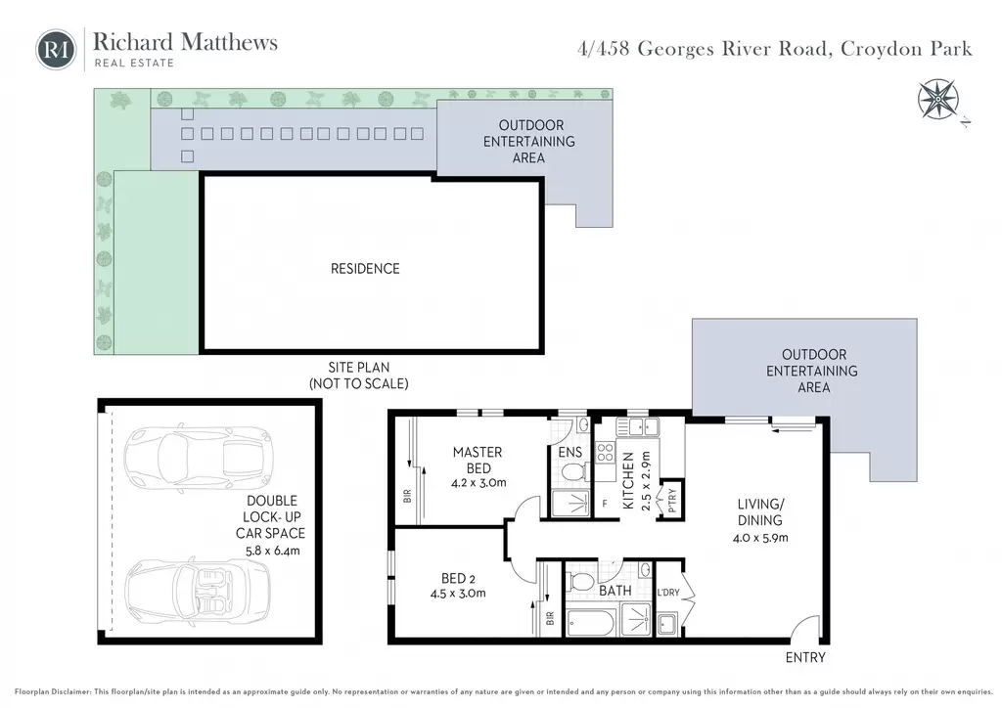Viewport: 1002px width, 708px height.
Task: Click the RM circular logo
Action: pyautogui.click(x=56, y=49)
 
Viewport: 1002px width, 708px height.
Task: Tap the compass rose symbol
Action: pyautogui.click(x=937, y=99)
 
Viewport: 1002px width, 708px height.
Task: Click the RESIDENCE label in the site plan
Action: pyautogui.click(x=365, y=269)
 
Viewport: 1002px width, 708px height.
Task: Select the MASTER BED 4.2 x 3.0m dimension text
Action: pyautogui.click(x=478, y=483)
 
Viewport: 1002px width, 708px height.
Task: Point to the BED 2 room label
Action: pyautogui.click(x=458, y=578)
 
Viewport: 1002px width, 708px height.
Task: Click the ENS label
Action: pyautogui.click(x=570, y=452)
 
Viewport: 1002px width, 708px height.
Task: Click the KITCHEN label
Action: pyautogui.click(x=628, y=481)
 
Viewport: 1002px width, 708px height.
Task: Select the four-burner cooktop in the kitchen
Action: pyautogui.click(x=605, y=453)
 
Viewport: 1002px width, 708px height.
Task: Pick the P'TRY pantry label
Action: pyautogui.click(x=671, y=498)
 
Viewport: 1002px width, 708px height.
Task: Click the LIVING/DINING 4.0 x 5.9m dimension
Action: pyautogui.click(x=760, y=538)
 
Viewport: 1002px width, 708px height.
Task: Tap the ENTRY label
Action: pyautogui.click(x=805, y=657)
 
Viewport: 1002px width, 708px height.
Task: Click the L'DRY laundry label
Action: pyautogui.click(x=668, y=593)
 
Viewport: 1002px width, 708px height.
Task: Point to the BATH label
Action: pyautogui.click(x=615, y=591)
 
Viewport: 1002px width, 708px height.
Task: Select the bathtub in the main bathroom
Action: pyautogui.click(x=591, y=623)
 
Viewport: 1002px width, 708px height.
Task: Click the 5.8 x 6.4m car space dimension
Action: pyautogui.click(x=272, y=551)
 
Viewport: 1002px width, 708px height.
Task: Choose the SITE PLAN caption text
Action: pyautogui.click(x=358, y=367)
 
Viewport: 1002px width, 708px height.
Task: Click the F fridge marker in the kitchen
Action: pyautogui.click(x=605, y=504)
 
